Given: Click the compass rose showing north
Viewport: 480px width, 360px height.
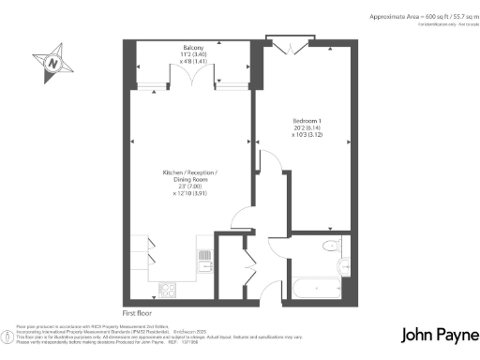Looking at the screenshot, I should pyautogui.click(x=53, y=63).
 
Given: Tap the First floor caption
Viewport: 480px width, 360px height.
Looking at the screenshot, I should pyautogui.click(x=138, y=312).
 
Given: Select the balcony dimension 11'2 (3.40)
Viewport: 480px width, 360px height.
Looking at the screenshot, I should pyautogui.click(x=193, y=54).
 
